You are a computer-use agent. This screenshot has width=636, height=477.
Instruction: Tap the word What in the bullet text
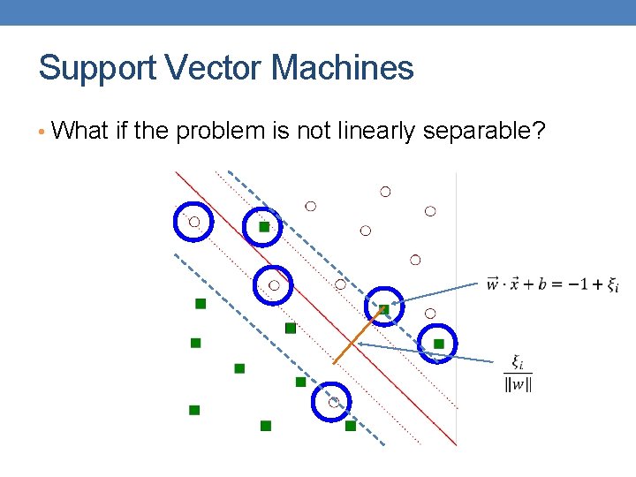click(80, 132)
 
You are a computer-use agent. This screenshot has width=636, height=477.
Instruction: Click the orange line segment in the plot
click(358, 337)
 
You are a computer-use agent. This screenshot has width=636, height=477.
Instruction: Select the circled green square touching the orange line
click(384, 309)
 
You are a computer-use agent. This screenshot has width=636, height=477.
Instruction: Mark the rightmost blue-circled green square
click(438, 343)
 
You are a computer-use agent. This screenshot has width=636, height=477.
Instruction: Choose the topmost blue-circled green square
click(263, 227)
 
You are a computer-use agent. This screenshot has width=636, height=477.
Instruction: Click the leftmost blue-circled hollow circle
click(194, 222)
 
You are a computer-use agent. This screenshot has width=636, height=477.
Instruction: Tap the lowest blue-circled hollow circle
click(333, 402)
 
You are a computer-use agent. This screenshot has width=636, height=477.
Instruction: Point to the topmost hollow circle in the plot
click(385, 191)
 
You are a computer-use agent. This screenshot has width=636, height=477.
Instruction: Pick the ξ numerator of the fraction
click(518, 361)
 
